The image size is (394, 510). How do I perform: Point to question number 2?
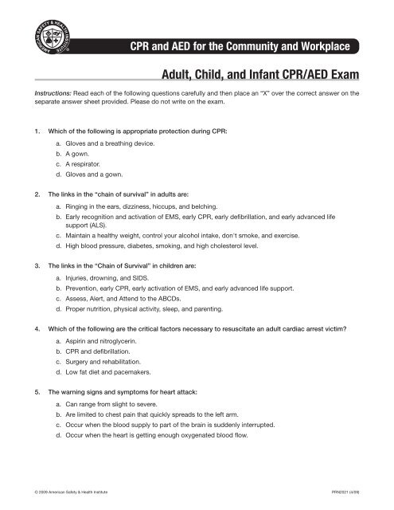pos(29,193)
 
